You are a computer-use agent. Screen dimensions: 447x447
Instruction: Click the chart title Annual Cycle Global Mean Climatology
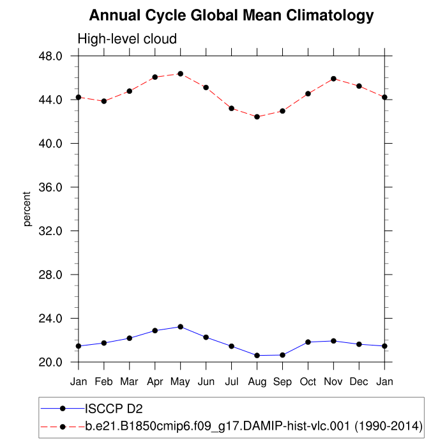coord(231,15)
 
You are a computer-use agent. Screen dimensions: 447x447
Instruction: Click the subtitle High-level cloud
coord(127,40)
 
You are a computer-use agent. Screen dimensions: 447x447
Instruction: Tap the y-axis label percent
coord(27,209)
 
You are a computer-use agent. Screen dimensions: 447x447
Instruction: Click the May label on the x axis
coord(181,382)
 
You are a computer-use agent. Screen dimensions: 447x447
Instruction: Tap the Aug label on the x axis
coord(257,382)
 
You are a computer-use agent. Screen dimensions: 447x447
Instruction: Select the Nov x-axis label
coord(333,382)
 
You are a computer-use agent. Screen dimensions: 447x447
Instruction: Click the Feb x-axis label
coord(104,382)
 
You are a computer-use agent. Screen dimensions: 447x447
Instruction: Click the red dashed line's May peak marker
coord(181,74)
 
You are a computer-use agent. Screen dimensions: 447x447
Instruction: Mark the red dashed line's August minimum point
coord(257,117)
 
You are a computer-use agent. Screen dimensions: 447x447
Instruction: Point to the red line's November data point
coord(333,79)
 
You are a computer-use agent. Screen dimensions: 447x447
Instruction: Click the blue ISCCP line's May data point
coord(181,327)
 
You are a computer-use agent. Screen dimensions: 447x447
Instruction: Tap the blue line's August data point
coord(257,355)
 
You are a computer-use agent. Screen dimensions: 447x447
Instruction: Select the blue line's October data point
coord(308,342)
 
